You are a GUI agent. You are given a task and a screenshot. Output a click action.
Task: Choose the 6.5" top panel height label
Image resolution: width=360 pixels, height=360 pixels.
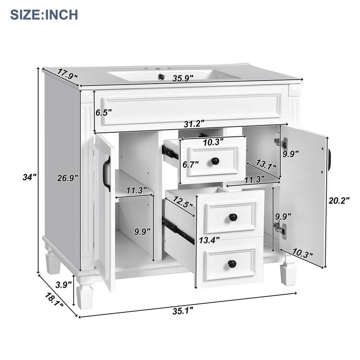point(103,112)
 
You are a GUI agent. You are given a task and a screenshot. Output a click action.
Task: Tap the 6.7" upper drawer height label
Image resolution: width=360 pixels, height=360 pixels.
point(191,165)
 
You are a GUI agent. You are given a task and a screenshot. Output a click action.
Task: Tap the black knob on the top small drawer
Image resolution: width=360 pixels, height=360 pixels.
point(216,160)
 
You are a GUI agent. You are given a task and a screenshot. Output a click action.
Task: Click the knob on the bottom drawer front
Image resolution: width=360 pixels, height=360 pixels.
point(233,264)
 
